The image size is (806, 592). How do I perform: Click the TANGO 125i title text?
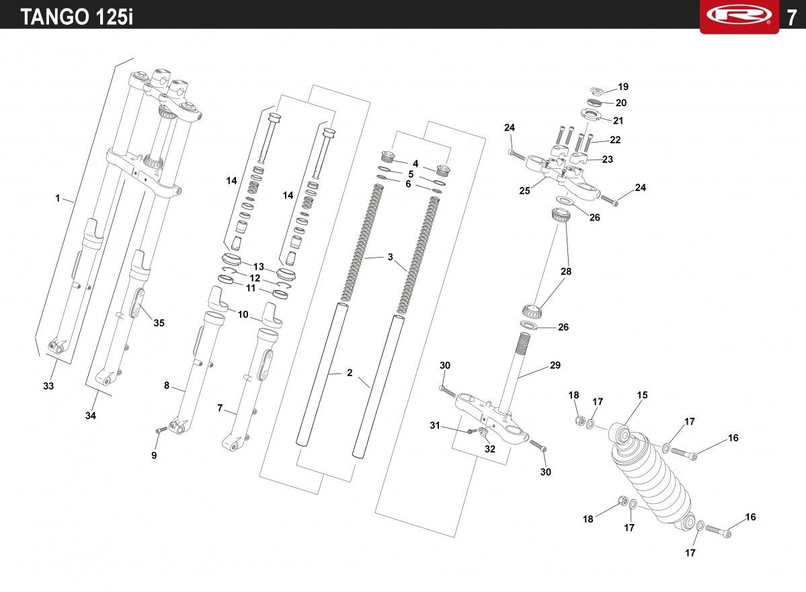tap(77, 17)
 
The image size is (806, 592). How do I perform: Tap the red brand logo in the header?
tap(739, 15)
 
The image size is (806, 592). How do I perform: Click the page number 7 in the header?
tap(791, 18)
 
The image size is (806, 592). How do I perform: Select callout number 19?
tap(623, 87)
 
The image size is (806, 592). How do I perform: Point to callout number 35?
tap(159, 323)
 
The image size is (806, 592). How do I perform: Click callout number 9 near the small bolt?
tap(154, 455)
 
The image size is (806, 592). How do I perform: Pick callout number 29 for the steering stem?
tap(555, 365)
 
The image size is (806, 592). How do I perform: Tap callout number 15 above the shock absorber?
tap(642, 395)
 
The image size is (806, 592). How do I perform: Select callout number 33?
tap(48, 385)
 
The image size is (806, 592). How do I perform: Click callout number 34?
tap(91, 416)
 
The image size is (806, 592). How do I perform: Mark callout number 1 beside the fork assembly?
tap(58, 198)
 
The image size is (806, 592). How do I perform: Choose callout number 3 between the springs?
tap(390, 257)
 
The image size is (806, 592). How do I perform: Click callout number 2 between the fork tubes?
tap(350, 373)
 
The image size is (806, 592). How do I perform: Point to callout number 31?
tap(435, 425)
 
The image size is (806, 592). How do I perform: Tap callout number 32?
tap(490, 449)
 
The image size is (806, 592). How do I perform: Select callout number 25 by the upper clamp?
tap(524, 191)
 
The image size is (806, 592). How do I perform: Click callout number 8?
tap(167, 385)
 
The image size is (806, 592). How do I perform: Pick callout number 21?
tap(618, 120)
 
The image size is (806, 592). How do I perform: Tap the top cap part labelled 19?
tap(598, 91)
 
